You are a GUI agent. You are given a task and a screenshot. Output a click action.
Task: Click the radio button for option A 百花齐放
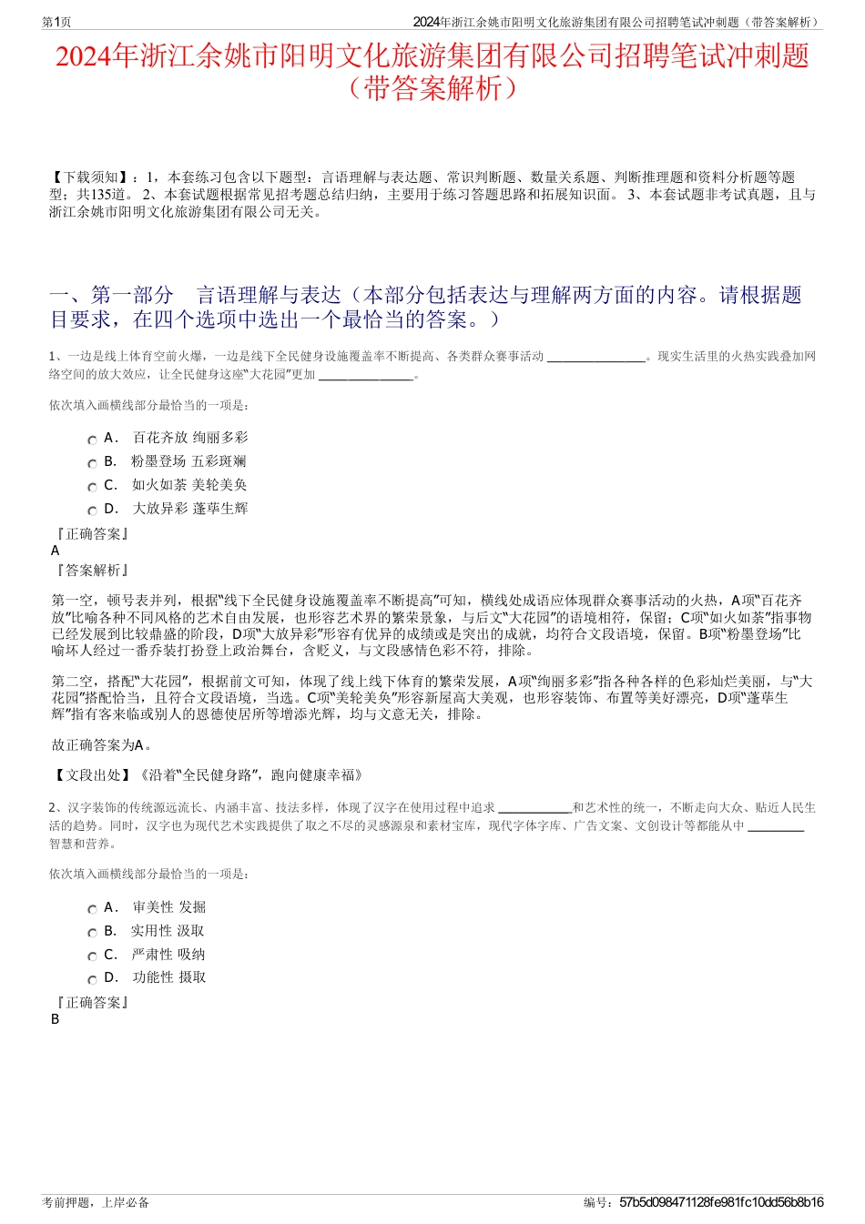92,440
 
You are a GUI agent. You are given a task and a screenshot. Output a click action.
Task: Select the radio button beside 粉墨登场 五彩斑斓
92,463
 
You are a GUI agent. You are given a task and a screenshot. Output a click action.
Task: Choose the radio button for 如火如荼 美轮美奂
92,487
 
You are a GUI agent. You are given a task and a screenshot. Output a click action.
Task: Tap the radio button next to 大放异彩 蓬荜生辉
92,511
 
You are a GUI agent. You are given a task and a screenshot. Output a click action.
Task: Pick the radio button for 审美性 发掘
92,909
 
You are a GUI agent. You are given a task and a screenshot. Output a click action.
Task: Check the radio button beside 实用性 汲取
92,933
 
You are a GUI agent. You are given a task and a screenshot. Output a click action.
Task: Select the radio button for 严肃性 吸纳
92,956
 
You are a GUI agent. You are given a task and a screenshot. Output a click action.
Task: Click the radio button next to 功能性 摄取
92,979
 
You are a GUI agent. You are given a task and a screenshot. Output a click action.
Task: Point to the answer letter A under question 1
56,551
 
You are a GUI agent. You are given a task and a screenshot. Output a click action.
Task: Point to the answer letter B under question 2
56,1019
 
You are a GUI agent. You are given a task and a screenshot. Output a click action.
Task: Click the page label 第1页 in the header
57,22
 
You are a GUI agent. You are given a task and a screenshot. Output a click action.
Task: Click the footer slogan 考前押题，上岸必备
96,1202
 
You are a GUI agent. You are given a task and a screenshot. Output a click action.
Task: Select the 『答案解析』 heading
91,571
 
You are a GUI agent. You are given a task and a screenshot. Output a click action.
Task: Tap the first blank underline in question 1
595,359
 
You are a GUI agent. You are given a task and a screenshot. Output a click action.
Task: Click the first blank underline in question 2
534,810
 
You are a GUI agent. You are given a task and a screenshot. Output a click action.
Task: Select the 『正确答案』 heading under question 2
91,1003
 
